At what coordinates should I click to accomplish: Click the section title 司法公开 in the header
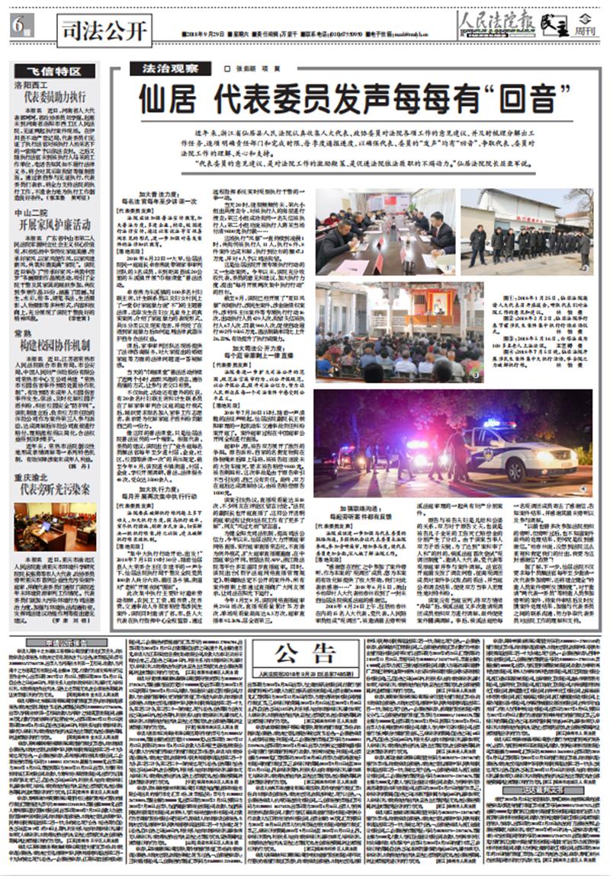pos(103,31)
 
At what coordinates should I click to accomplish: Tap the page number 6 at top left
pos(18,24)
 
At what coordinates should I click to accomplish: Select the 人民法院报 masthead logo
pos(496,24)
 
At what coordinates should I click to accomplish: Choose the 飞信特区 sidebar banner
pos(55,72)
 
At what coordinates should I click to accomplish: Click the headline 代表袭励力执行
pos(55,97)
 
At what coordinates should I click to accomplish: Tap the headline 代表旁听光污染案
pos(55,489)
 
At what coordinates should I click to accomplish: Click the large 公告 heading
pos(306,652)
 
